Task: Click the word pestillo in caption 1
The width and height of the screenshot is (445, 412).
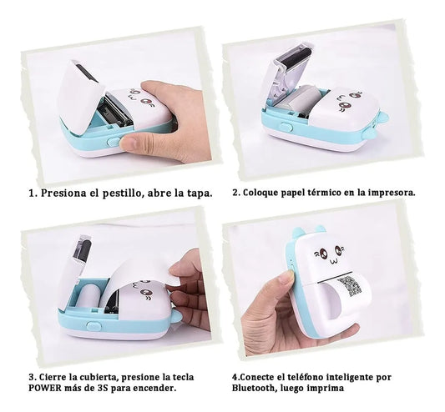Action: tap(126, 192)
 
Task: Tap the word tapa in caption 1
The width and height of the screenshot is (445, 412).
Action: tap(198, 192)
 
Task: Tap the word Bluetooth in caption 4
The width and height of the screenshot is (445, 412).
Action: tap(255, 387)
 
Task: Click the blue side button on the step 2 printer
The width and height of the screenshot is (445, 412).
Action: tap(286, 127)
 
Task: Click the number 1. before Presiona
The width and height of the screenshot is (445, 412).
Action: tap(33, 192)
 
